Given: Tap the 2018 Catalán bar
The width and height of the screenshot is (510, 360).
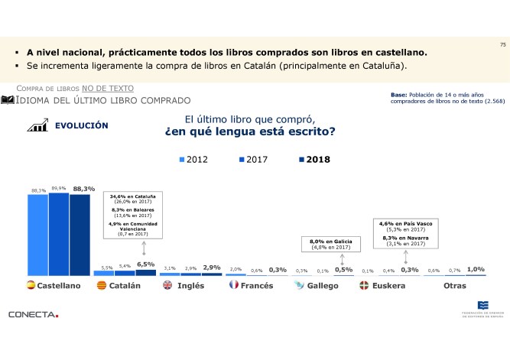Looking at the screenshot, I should (x=145, y=272).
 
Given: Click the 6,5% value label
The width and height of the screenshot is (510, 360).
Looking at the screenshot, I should (x=145, y=264).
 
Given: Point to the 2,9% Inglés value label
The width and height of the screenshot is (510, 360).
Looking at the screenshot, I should (x=212, y=268).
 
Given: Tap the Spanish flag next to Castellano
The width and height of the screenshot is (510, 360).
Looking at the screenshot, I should (x=31, y=286).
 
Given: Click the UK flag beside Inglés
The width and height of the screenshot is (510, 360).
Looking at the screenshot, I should (x=167, y=286).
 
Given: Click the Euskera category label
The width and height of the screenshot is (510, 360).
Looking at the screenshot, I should (x=388, y=286).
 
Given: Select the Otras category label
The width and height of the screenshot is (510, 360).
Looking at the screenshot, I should (x=455, y=286).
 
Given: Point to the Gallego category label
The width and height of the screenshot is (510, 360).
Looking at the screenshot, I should (x=323, y=286).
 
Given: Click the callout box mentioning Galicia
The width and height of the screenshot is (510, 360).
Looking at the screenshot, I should (x=330, y=244).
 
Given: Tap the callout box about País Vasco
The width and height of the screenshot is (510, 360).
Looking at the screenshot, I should (x=405, y=233).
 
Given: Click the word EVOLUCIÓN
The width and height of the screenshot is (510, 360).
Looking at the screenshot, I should (x=81, y=125).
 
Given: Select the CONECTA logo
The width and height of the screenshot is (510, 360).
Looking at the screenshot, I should (x=33, y=314).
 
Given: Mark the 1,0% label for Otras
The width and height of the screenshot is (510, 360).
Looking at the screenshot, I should (x=476, y=269).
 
